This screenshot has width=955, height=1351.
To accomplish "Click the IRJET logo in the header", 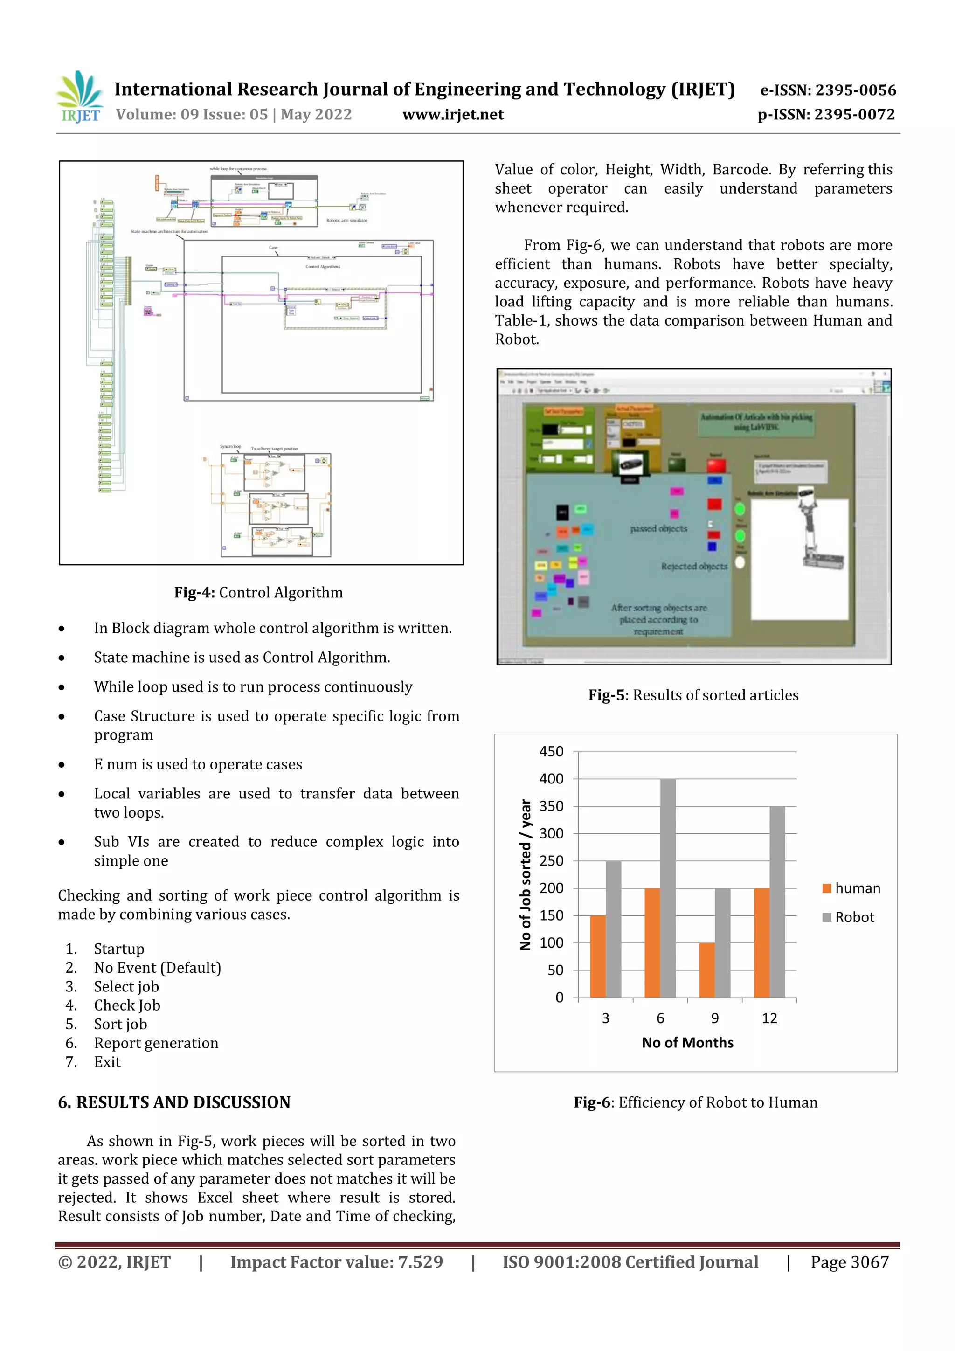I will click(x=81, y=97).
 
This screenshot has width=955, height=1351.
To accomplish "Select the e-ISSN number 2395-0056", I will click(x=828, y=90).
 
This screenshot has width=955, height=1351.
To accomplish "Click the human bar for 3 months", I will click(x=597, y=956).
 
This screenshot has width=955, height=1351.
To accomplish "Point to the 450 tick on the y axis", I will click(x=551, y=751).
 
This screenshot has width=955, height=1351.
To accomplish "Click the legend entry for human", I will click(x=851, y=888).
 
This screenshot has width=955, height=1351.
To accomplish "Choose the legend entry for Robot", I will click(x=849, y=917).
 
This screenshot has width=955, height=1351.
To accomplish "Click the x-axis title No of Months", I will click(x=687, y=1042).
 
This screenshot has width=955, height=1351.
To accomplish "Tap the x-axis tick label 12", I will click(x=769, y=1018).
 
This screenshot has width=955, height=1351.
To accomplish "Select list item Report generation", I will click(x=156, y=1043).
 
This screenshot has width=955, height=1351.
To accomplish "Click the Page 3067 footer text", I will click(x=849, y=1261).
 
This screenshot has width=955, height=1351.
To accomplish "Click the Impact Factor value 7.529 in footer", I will click(x=336, y=1261).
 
